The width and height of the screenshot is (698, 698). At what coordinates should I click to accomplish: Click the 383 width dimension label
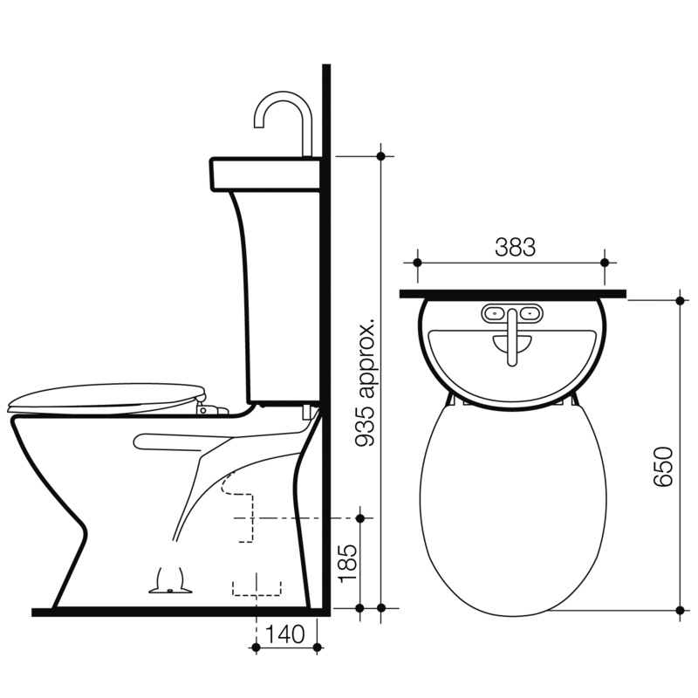(x=515, y=247)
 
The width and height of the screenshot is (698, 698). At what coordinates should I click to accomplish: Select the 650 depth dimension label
(x=663, y=467)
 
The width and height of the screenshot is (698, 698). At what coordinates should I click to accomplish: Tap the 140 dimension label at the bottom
(x=285, y=634)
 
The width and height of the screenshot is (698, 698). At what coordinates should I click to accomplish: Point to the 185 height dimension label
(x=347, y=563)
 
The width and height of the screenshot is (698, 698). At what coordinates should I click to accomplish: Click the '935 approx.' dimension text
(x=366, y=382)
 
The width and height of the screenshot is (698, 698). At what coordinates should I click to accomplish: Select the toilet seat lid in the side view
(x=106, y=399)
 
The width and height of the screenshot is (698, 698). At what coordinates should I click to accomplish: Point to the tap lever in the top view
(x=512, y=338)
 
